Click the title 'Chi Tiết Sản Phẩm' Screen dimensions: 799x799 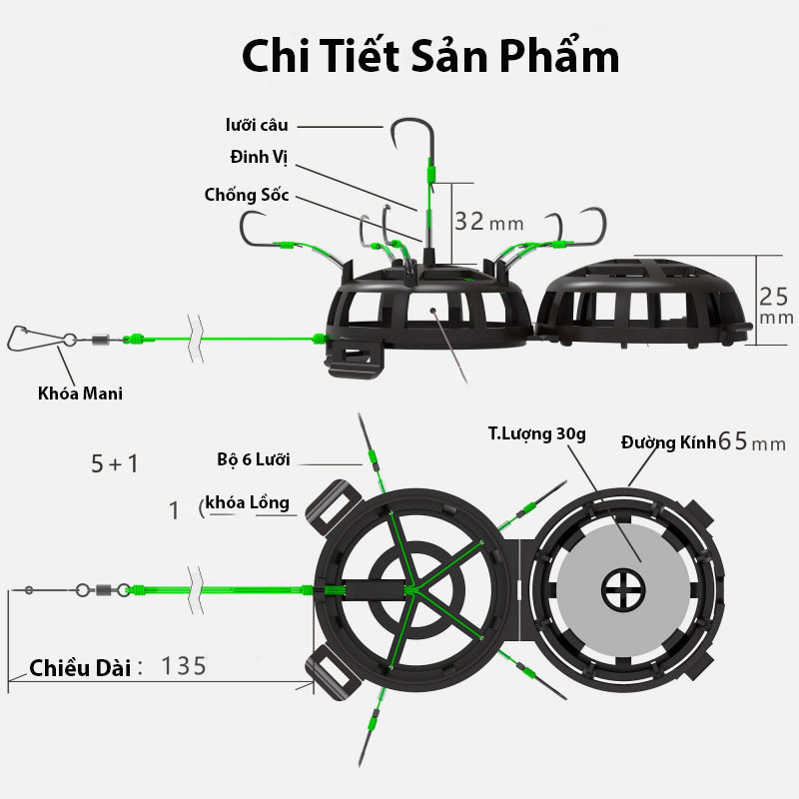click(430, 57)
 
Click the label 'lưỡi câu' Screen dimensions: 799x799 click(257, 125)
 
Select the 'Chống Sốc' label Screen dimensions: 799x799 click(247, 195)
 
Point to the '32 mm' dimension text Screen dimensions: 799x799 click(488, 222)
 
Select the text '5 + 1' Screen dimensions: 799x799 click(116, 463)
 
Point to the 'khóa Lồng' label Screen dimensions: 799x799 click(246, 502)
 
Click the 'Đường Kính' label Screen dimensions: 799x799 click(668, 441)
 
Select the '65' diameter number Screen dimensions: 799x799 click(735, 441)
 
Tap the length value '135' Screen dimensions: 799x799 click(184, 665)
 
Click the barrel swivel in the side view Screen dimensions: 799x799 click(101, 339)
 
